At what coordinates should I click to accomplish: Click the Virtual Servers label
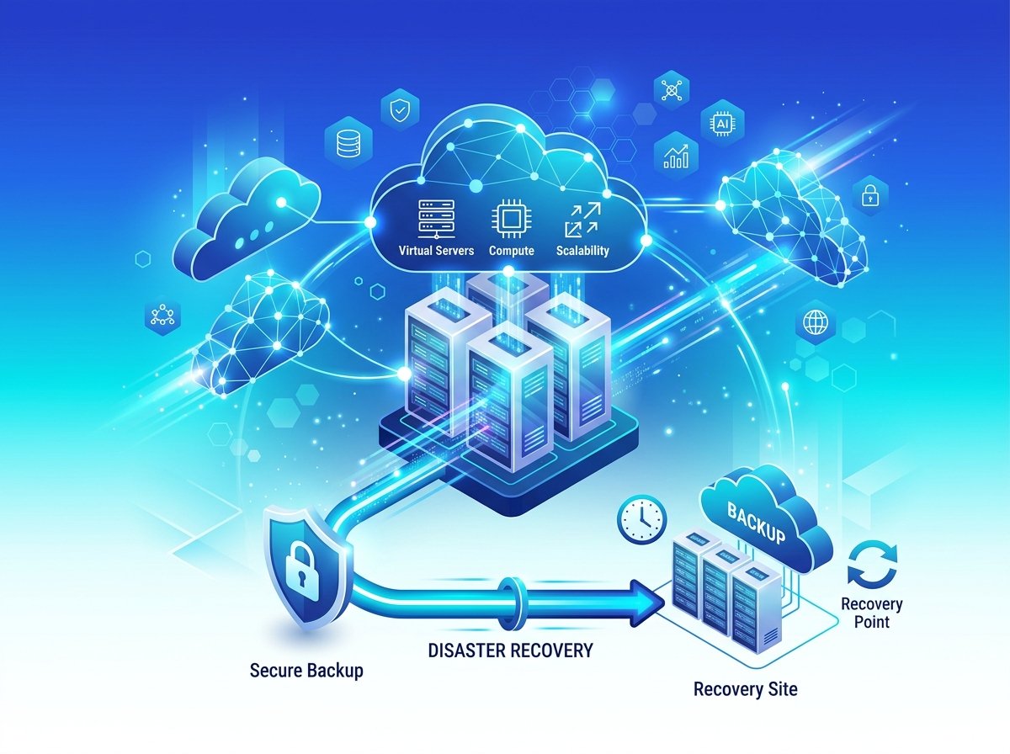(436, 251)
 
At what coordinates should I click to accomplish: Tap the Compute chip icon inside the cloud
(511, 219)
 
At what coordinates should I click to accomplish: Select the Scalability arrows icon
(582, 220)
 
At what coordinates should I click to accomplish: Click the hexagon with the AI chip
(722, 122)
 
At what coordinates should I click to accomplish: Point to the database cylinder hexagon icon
(348, 142)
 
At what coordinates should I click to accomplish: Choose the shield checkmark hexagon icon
(400, 110)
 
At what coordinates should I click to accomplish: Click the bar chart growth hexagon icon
(677, 156)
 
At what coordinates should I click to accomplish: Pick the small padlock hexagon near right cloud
(869, 196)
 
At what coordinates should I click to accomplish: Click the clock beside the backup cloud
(641, 519)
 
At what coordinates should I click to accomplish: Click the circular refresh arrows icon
(873, 565)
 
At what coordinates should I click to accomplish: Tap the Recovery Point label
(872, 613)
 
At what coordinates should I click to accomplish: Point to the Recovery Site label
(746, 689)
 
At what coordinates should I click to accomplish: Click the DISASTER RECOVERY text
(511, 650)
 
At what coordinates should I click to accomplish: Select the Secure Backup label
(306, 671)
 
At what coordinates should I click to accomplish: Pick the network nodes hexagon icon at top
(672, 90)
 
